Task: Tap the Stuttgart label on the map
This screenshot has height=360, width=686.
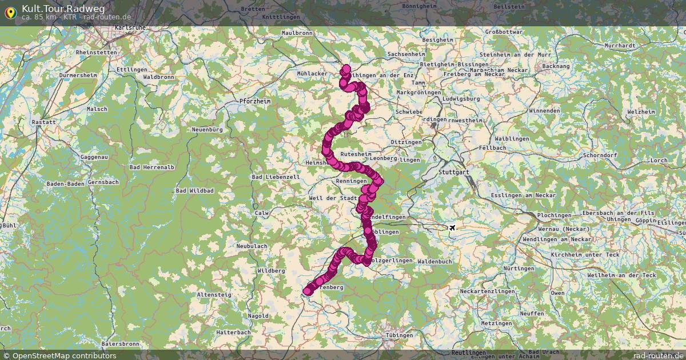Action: tap(453, 171)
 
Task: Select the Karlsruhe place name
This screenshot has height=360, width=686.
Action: tap(129, 27)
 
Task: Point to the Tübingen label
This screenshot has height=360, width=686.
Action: tap(398, 335)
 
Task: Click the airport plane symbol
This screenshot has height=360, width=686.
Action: tap(453, 228)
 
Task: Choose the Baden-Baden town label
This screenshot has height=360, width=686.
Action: tap(65, 183)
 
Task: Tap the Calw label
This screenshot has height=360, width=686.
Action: tap(262, 213)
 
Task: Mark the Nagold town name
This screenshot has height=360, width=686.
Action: tap(258, 316)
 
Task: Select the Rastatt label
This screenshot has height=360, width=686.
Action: tap(44, 122)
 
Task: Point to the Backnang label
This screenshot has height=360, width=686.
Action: tap(556, 66)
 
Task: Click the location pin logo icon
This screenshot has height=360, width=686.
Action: tap(10, 12)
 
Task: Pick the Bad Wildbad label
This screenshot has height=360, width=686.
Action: tap(195, 190)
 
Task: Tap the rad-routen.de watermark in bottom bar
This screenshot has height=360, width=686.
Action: tap(658, 355)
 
